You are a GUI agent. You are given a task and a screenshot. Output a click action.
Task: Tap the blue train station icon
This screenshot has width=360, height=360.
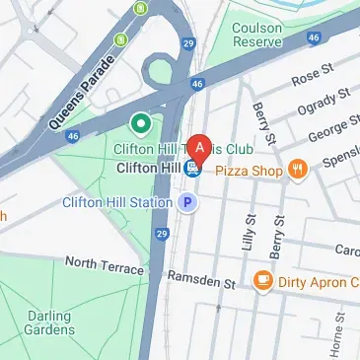pos(192,169)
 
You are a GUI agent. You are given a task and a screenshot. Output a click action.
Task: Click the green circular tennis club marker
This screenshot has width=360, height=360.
pos(139,124)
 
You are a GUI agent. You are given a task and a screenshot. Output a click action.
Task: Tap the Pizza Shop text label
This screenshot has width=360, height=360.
pos(249,171)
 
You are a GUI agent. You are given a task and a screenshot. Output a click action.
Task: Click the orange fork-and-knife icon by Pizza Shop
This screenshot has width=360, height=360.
pos(297,171)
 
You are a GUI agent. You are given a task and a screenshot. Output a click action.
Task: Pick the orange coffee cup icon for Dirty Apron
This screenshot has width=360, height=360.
pos(263,281)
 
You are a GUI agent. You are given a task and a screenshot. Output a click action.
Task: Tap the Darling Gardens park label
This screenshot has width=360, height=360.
pos(49,322)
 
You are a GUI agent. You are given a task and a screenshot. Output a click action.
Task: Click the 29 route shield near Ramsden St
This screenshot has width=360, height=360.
pos(160,233)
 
